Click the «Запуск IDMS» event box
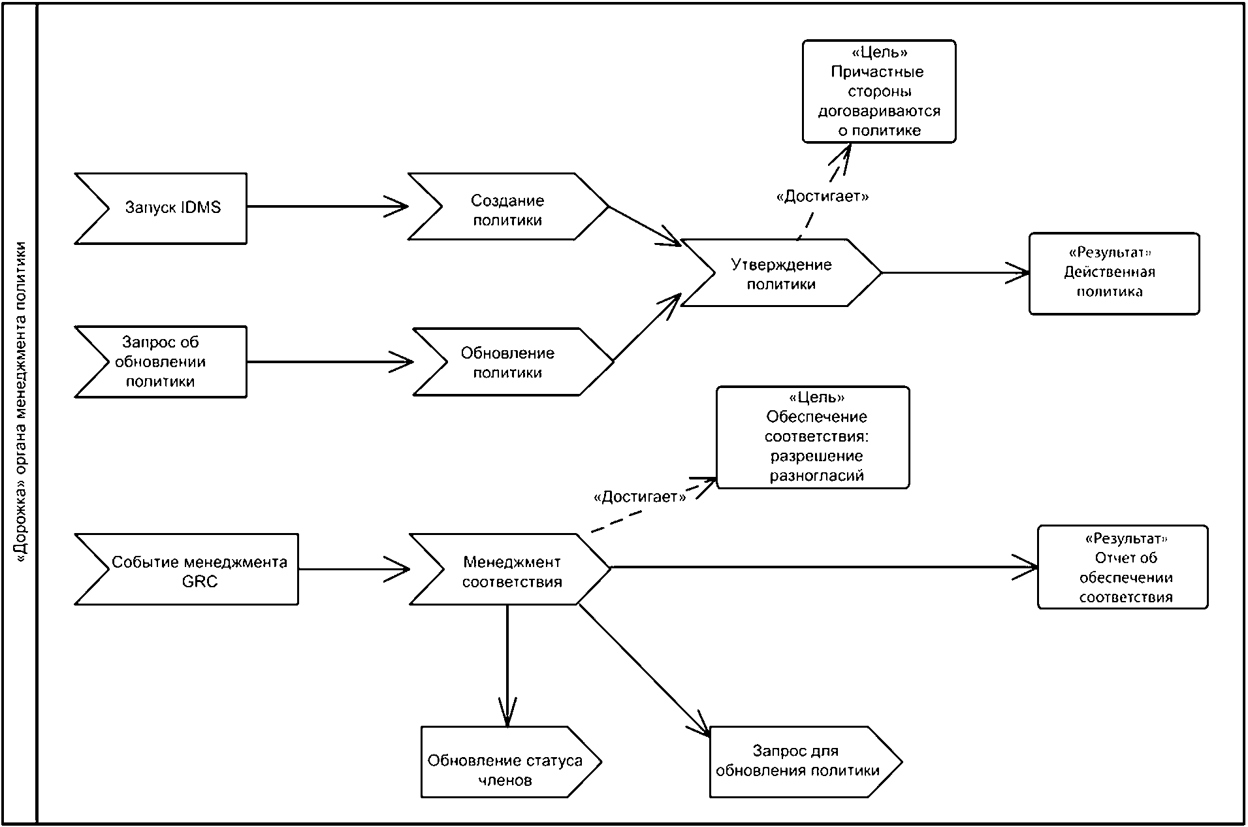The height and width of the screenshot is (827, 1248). pos(161,208)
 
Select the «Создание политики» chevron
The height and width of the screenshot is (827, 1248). pos(508,207)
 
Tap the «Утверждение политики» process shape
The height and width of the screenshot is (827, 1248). pos(781,273)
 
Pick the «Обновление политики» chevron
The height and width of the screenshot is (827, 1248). pos(513,362)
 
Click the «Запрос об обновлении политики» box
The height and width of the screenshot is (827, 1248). pos(161,362)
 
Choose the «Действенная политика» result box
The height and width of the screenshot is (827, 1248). pos(1114,274)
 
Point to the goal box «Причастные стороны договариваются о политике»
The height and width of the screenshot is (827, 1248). pos(879,91)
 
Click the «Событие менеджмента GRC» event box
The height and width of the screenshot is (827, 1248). pos(187,570)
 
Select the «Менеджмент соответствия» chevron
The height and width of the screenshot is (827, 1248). pos(510,569)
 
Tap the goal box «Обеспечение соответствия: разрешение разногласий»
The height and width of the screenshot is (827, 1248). pos(813,438)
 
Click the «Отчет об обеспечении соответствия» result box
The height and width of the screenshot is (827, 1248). pos(1123,567)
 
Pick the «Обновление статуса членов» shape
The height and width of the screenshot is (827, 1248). pos(511,762)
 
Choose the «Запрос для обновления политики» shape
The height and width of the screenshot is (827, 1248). pos(806,762)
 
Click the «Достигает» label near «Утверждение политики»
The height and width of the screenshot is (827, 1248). pos(822,196)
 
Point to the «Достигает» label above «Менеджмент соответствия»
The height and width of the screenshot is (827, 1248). pos(640,497)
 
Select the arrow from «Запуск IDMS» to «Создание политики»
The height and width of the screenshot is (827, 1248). pos(328,206)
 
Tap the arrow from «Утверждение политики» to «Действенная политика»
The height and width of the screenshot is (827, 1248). pos(956,273)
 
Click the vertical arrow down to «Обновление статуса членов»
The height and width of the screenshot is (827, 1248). pos(507,666)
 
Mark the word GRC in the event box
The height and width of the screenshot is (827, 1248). pos(200,581)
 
